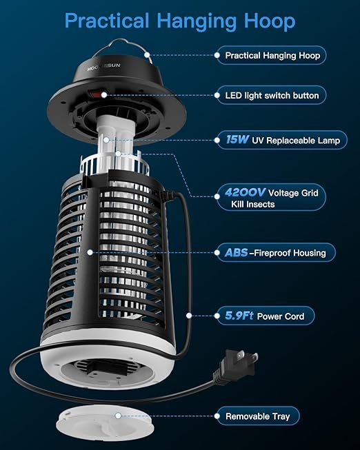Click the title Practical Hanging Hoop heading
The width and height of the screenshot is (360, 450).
pyautogui.click(x=179, y=21)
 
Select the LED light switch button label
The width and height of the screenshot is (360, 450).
pyautogui.click(x=277, y=94)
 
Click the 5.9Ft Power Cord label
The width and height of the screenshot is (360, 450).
pyautogui.click(x=265, y=316)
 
